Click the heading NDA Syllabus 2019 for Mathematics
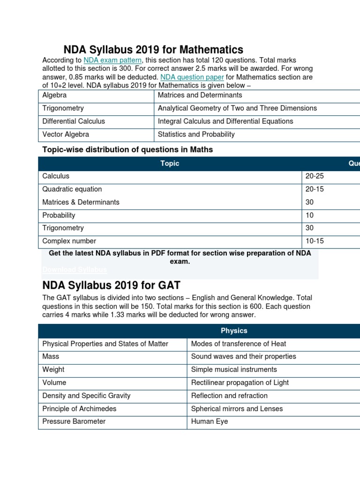(x=153, y=50)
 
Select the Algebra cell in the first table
(x=54, y=95)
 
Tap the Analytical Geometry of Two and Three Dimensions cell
(x=237, y=108)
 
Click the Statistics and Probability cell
(x=196, y=135)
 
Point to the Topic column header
(x=170, y=164)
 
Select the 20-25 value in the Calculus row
(x=315, y=176)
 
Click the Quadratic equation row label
(x=72, y=189)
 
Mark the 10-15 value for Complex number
(x=315, y=241)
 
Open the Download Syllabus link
(x=75, y=270)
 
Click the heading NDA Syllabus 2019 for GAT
(x=112, y=285)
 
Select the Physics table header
(x=234, y=330)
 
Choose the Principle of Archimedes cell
(x=79, y=408)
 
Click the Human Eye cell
(x=210, y=421)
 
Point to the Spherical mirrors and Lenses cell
(x=237, y=408)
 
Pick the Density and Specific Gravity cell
(x=86, y=396)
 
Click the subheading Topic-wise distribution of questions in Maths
(x=127, y=150)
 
